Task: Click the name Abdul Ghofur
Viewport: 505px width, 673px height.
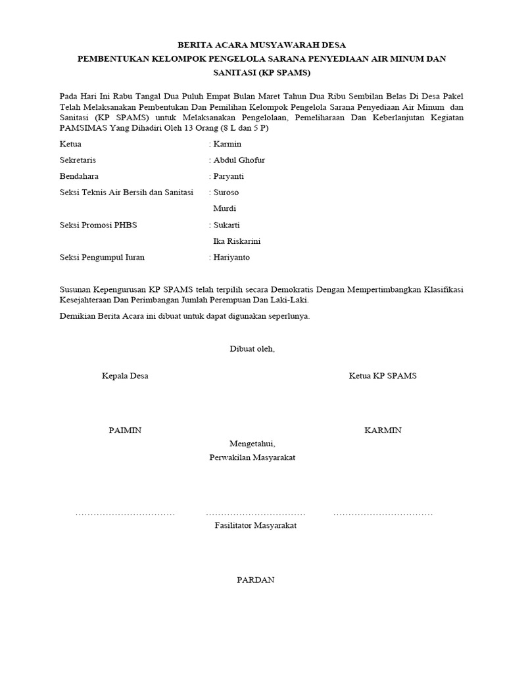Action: coord(239,160)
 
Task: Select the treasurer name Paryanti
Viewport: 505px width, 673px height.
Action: coord(229,176)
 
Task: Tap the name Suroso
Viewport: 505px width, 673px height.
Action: coord(226,193)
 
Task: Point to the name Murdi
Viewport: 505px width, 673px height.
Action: coord(225,209)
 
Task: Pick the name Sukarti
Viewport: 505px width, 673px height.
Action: coord(227,225)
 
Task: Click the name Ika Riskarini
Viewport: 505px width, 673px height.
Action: coord(237,241)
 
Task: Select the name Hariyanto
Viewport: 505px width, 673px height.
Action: coord(232,258)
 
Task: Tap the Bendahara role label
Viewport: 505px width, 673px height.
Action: coord(80,176)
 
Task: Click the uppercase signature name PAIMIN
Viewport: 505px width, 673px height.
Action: coord(125,430)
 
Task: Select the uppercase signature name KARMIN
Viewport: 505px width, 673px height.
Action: coord(383,430)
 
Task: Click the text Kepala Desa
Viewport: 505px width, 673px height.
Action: coord(125,376)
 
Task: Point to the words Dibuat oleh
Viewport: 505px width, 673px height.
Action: coord(252,349)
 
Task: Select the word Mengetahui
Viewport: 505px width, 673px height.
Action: coord(252,444)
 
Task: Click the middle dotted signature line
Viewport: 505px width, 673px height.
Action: coord(256,513)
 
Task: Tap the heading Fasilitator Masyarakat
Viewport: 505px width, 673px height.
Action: coord(256,526)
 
